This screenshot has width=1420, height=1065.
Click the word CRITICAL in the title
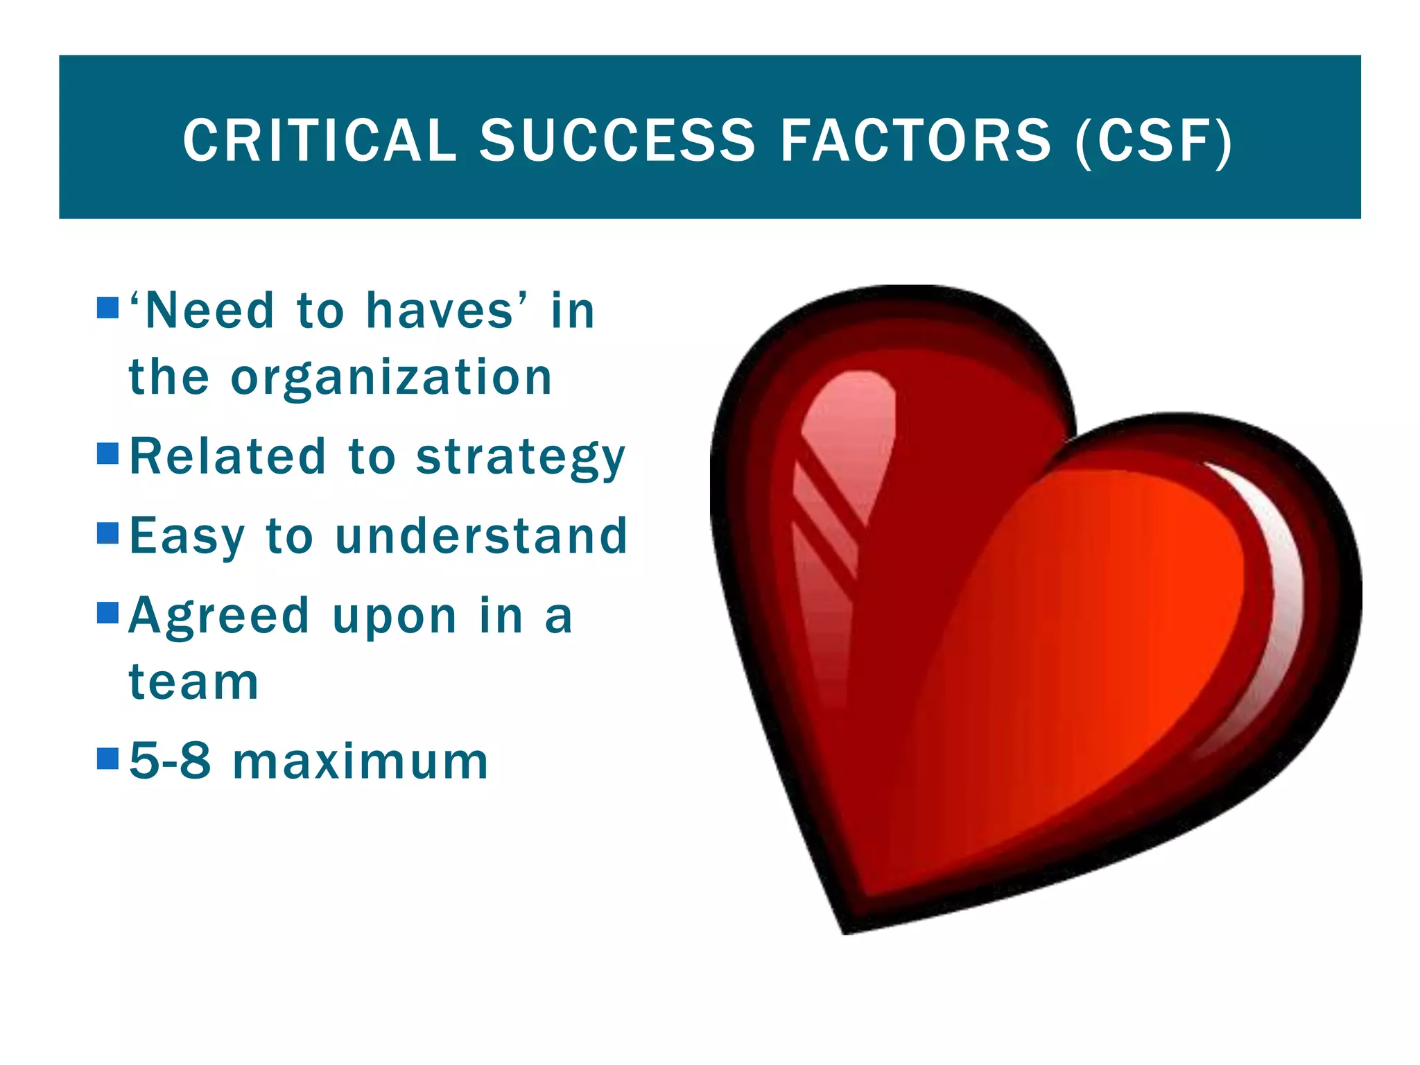(x=320, y=141)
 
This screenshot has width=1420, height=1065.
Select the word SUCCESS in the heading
(x=617, y=141)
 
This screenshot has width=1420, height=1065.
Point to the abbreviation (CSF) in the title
(x=1154, y=141)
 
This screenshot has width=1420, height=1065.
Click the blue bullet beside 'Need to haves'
(x=108, y=307)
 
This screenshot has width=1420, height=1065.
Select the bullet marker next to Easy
(x=108, y=533)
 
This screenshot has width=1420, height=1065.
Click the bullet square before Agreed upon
(x=108, y=613)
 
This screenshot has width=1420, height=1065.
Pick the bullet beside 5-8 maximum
(x=108, y=759)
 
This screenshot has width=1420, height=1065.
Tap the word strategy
(x=520, y=458)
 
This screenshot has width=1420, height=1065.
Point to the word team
(x=193, y=682)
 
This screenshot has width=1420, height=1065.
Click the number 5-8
(x=170, y=761)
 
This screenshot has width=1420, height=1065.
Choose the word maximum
(x=361, y=762)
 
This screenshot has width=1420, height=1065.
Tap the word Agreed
(x=219, y=616)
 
